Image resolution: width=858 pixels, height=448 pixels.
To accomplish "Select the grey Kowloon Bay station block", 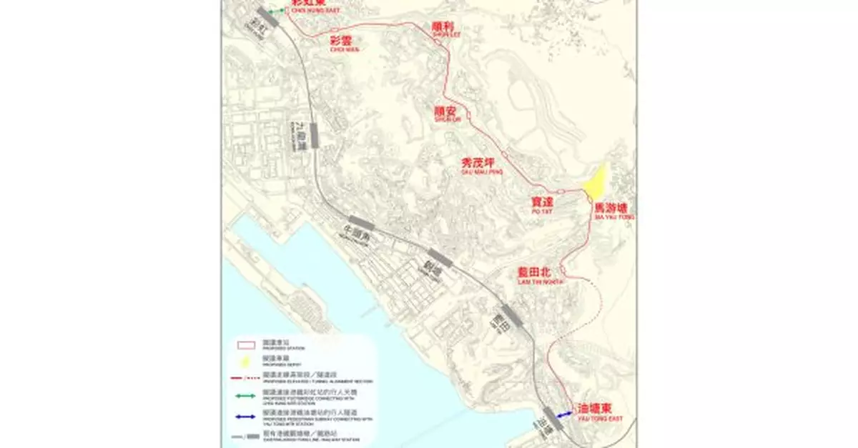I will coord(314,134).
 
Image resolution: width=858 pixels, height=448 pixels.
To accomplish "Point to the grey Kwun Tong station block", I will coord(440,259).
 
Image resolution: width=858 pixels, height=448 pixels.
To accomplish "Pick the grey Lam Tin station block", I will coord(511,315).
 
